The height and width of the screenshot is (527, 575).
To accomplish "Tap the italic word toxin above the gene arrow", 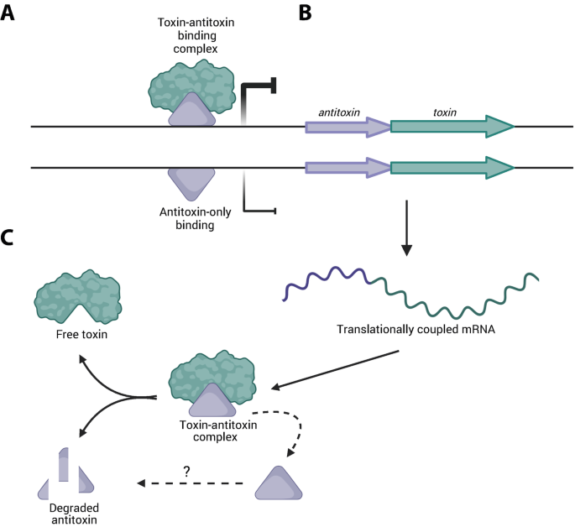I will [447, 111].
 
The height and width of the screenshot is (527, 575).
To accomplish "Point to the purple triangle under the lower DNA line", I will [192, 181].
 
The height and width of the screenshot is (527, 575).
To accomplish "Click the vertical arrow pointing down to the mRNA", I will [406, 227].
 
